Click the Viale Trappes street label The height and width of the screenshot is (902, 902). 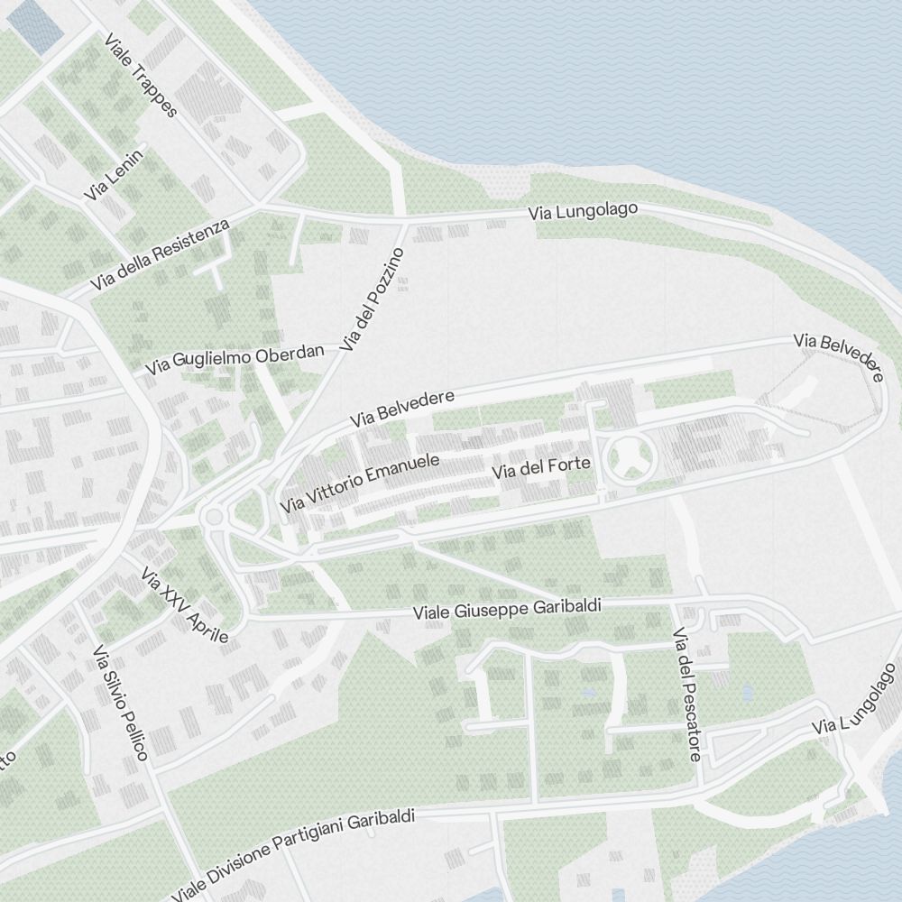pos(142,76)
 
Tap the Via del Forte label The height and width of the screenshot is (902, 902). pos(541,467)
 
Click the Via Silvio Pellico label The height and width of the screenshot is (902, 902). pos(119,703)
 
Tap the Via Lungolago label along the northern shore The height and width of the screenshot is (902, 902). pos(584,211)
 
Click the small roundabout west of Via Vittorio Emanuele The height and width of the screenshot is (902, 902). pos(214,517)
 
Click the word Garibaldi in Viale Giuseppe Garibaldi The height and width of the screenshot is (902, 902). pos(557,606)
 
